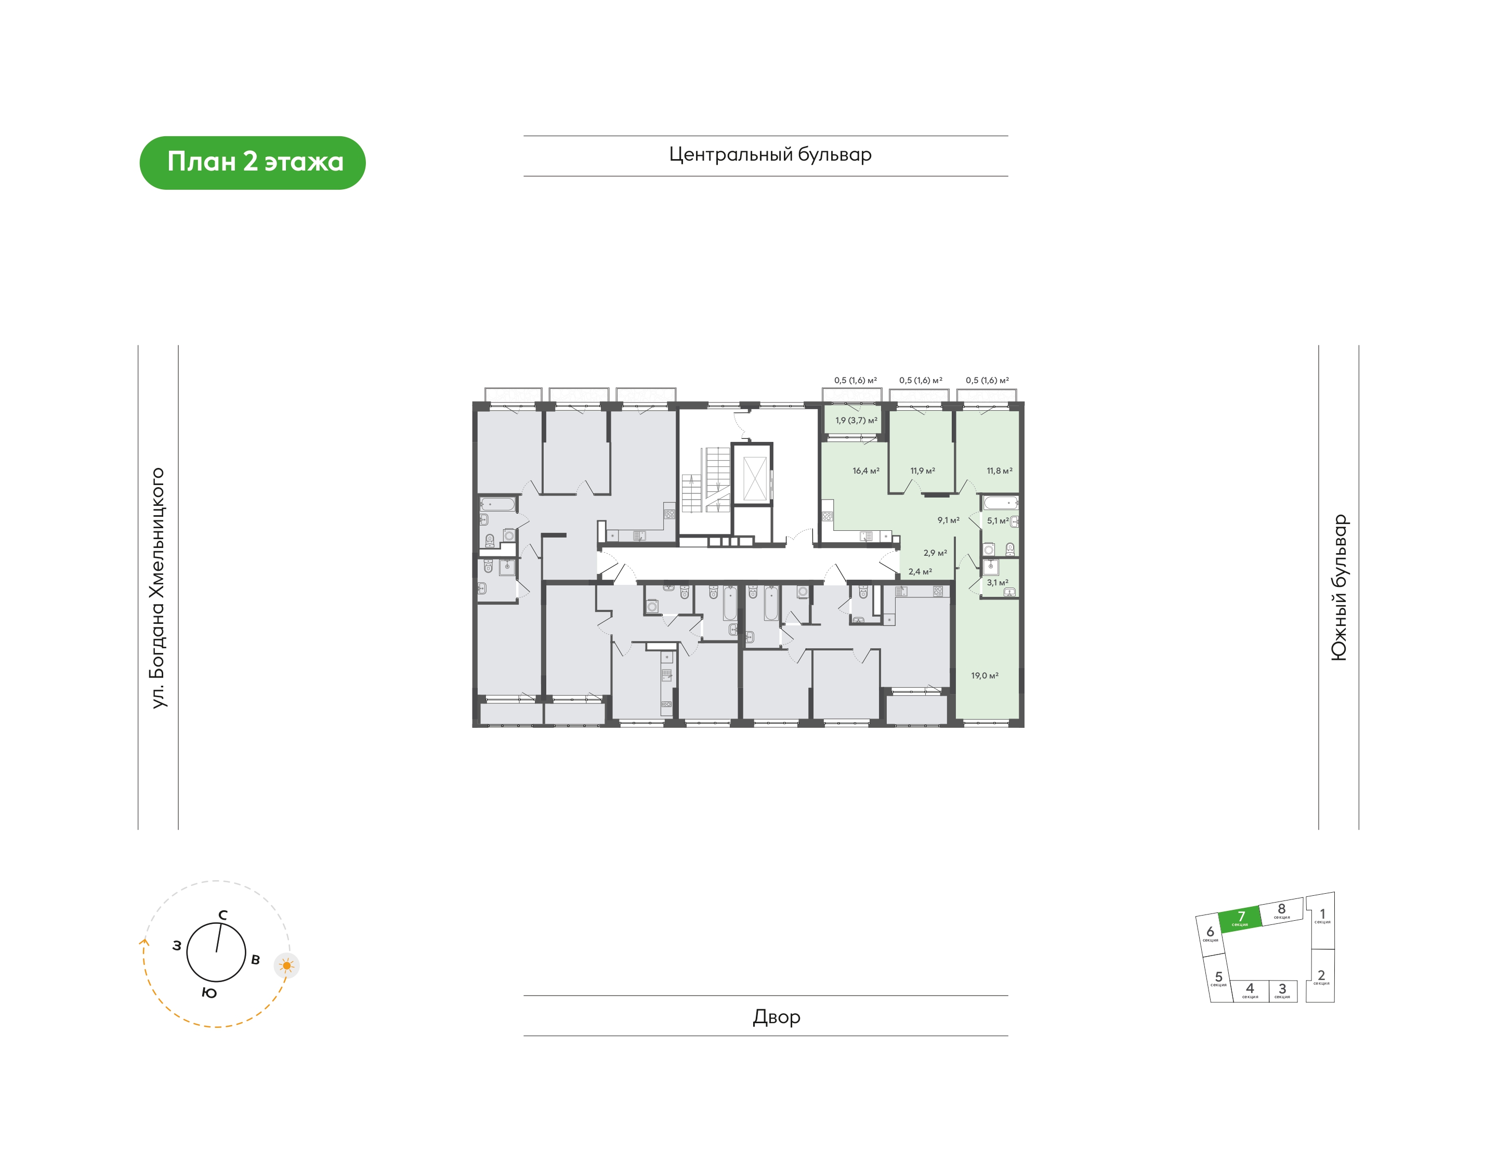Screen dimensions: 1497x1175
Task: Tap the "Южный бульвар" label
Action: [1340, 587]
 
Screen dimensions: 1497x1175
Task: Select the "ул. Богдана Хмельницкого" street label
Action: [158, 587]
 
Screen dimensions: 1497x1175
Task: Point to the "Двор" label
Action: [777, 1017]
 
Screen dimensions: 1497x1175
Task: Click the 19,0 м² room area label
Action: [984, 675]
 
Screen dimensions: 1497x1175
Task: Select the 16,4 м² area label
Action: [866, 471]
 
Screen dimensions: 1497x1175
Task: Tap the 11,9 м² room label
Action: [923, 471]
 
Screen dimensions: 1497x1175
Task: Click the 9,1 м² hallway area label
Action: [948, 521]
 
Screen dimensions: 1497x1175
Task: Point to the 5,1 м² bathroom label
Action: [998, 521]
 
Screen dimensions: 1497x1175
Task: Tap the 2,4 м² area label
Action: [920, 572]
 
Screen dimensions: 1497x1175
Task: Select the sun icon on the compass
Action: [287, 966]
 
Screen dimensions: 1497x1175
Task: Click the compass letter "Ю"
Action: [209, 993]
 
